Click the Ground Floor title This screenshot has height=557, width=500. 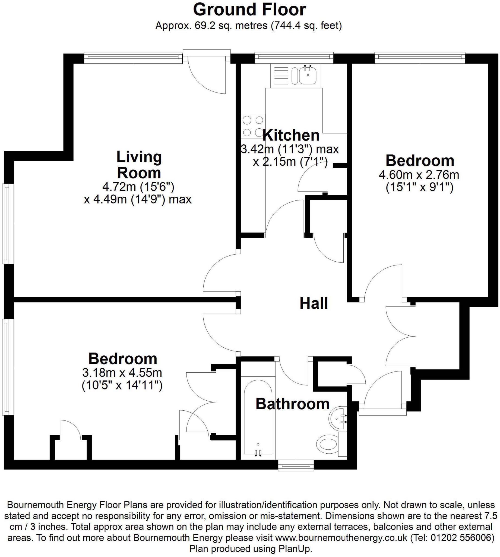pos(249,10)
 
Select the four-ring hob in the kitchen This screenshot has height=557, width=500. pos(253,126)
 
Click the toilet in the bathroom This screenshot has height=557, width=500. pos(328,444)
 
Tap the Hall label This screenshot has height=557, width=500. pos(314,303)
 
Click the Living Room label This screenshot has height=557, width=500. pos(139,165)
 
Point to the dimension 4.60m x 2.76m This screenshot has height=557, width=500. pos(419,175)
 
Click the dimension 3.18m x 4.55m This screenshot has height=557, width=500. pos(122,373)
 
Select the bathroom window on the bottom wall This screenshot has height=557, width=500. pos(296,466)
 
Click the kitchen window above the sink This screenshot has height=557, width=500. pos(294,57)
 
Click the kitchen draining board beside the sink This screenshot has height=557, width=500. pos(280,75)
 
